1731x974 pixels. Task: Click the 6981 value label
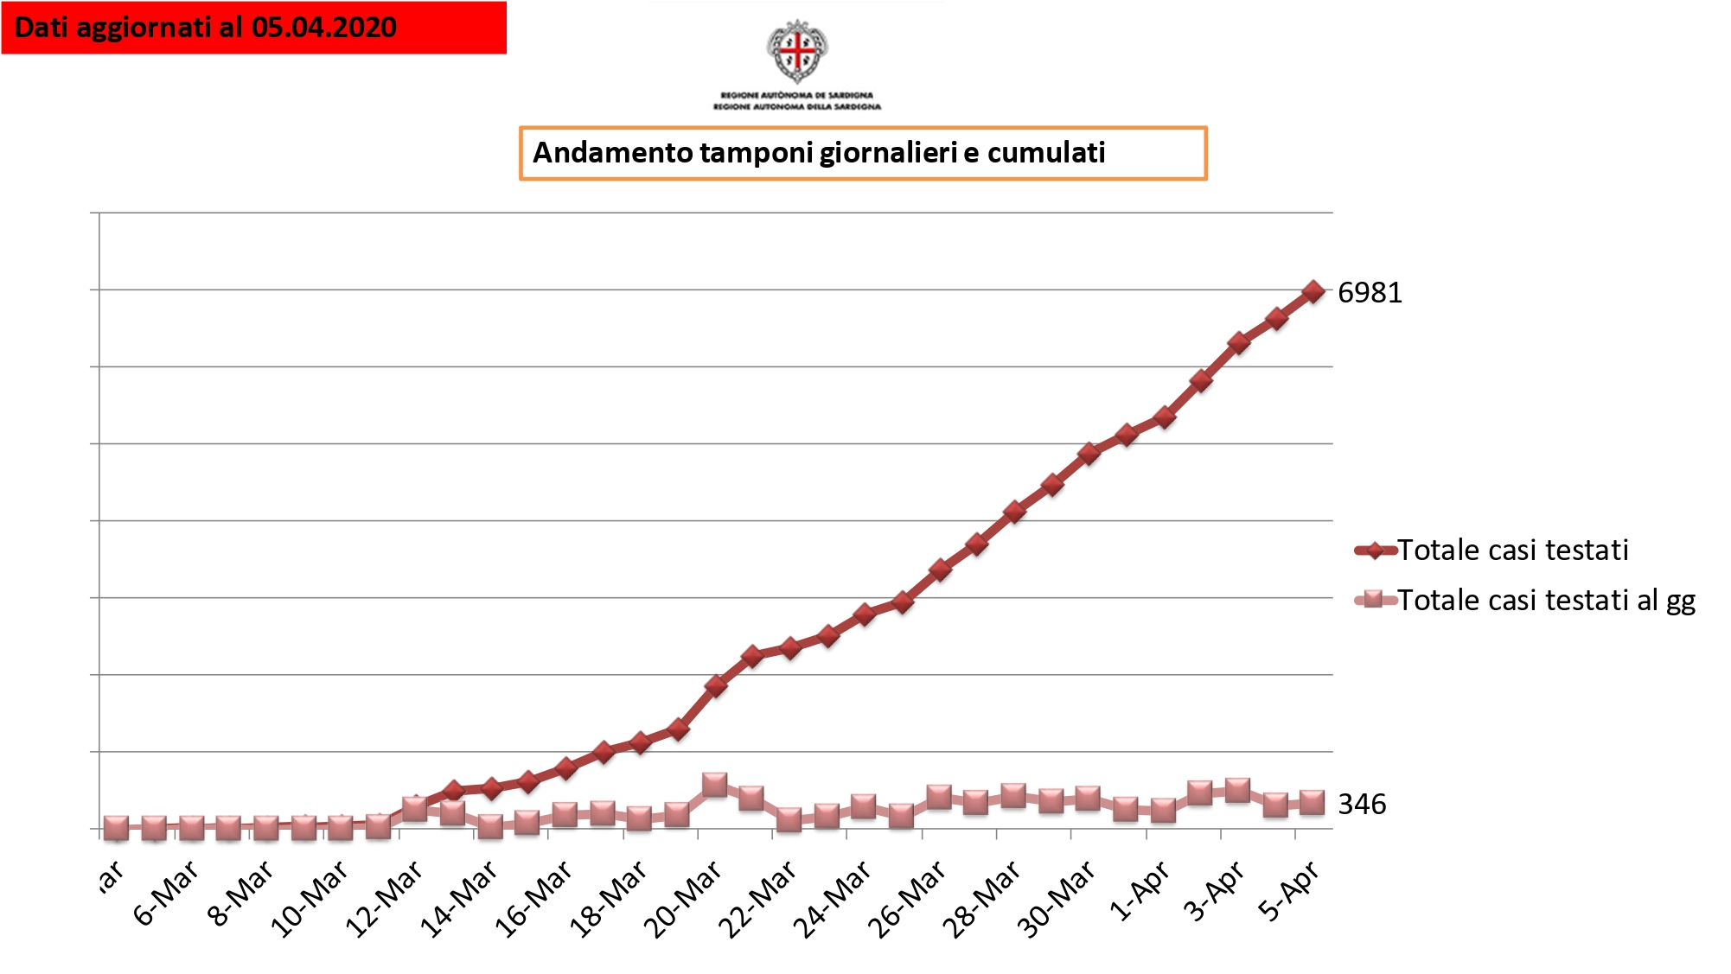click(1370, 293)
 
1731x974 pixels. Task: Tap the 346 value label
click(1362, 805)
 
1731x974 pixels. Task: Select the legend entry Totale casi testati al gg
click(1546, 600)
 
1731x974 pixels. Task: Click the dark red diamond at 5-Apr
click(1313, 291)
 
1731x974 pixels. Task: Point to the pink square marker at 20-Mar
click(715, 785)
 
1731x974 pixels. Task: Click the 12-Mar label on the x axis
click(385, 899)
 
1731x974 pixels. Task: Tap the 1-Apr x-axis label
click(1140, 891)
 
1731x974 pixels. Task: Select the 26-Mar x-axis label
click(907, 899)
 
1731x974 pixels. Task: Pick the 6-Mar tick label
click(167, 893)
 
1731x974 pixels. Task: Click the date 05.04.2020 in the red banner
click(324, 28)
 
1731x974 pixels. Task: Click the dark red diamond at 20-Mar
click(715, 686)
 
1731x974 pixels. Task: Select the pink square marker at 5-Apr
click(1313, 803)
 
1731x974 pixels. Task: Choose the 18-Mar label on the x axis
click(609, 899)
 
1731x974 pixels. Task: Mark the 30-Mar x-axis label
click(1057, 899)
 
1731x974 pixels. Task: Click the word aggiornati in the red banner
click(144, 28)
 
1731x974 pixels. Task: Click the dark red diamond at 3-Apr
click(1238, 343)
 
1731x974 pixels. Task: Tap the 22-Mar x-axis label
click(758, 899)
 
